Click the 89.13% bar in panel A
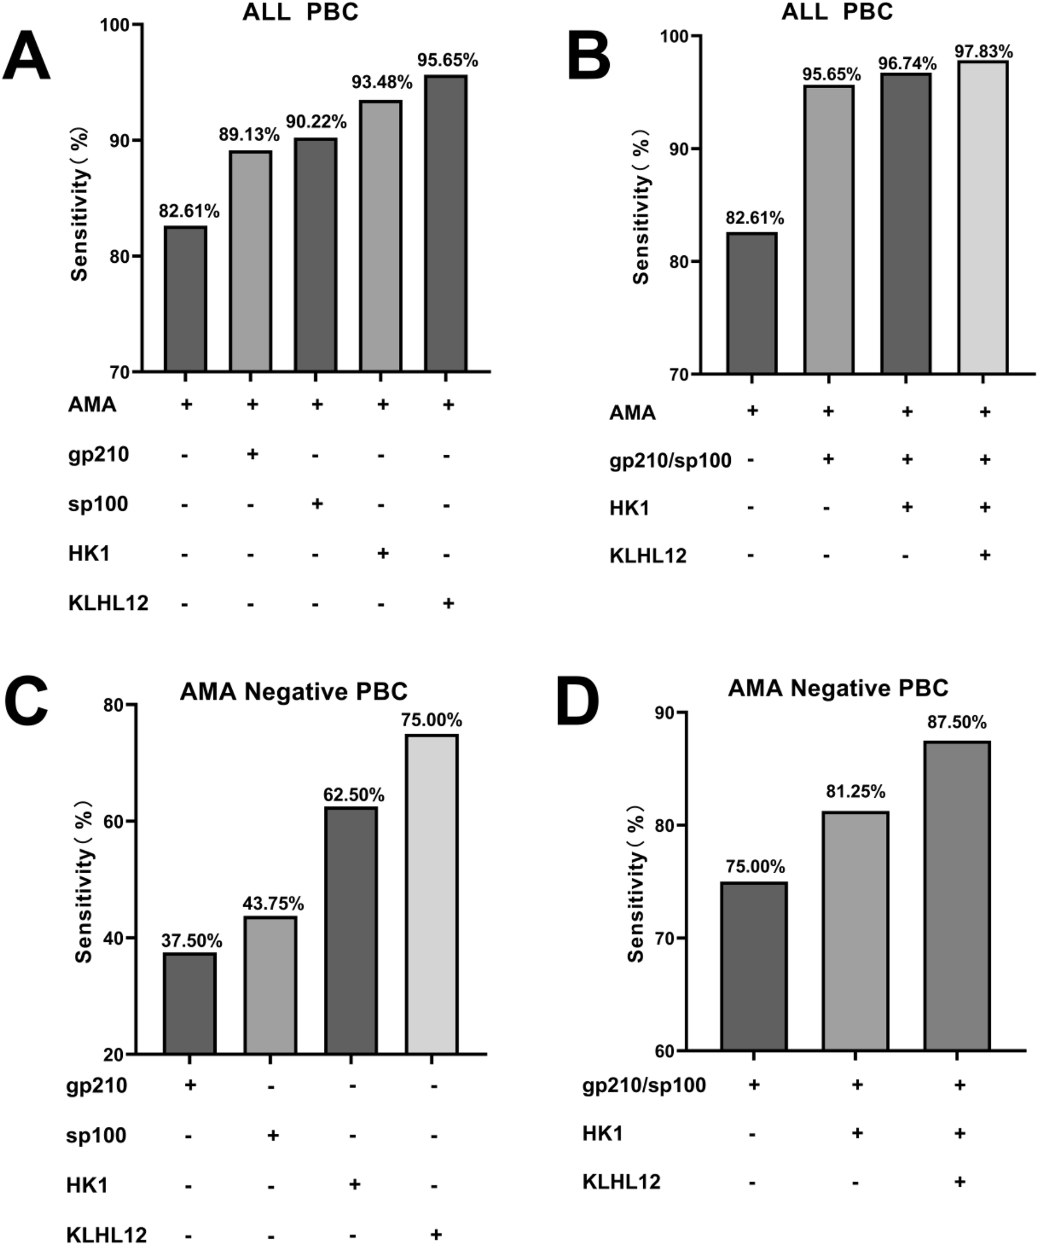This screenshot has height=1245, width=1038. coord(250,261)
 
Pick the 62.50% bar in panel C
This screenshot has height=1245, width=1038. coord(350,930)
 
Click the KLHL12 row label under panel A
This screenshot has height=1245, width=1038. coord(108,603)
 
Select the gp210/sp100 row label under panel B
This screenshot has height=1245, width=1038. coord(670,460)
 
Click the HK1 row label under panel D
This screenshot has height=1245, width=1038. coord(603,1134)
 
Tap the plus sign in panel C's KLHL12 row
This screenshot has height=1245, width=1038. coord(436,1234)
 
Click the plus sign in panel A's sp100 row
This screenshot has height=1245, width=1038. coord(316,504)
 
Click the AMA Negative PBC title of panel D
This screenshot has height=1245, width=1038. coord(838,688)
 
